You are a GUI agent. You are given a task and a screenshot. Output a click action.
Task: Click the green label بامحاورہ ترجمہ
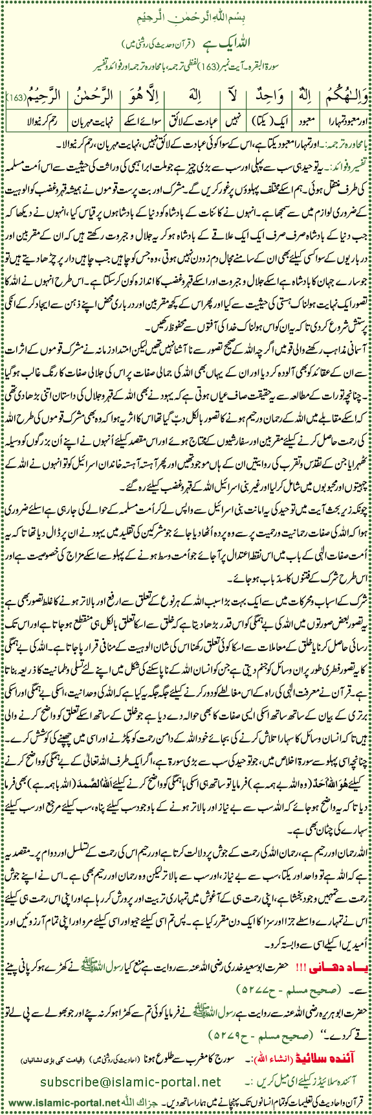coord(343,141)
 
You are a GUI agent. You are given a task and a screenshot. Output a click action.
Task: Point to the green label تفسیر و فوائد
coord(345,158)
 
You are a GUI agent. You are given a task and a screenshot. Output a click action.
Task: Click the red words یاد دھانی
coord(336,998)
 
